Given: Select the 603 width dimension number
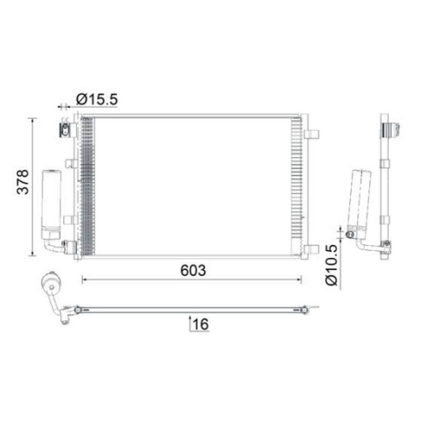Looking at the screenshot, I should [193, 270].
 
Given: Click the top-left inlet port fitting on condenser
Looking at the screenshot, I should [65, 130].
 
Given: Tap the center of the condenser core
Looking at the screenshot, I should [192, 186].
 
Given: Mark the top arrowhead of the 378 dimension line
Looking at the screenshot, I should [33, 120].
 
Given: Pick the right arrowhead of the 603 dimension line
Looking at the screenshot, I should [300, 279].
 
